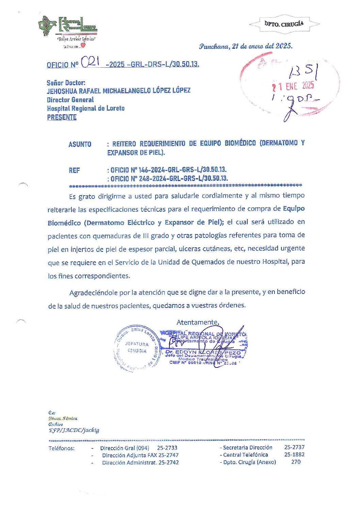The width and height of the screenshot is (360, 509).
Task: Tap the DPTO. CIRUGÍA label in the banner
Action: (x=284, y=24)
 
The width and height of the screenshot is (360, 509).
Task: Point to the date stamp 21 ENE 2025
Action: (x=293, y=86)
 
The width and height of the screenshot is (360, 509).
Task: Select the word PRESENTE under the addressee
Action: (x=62, y=117)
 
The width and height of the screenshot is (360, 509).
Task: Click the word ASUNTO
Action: (x=80, y=144)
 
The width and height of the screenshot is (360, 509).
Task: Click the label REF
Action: (x=74, y=170)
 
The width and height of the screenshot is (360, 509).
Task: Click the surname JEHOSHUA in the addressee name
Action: (x=62, y=91)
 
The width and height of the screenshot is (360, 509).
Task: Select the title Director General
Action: (x=70, y=100)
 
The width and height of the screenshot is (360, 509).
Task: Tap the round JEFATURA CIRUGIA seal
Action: (x=136, y=348)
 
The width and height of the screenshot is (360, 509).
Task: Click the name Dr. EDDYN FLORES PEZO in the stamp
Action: (x=203, y=352)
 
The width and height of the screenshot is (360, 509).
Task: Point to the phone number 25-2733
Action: (x=167, y=448)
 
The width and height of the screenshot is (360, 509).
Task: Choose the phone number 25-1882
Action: (x=294, y=455)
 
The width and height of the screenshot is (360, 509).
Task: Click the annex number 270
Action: (x=296, y=462)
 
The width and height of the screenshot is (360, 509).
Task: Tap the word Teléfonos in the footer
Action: (x=61, y=448)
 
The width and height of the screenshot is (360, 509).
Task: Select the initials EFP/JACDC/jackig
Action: (x=74, y=430)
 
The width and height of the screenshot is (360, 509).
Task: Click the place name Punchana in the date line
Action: (x=214, y=46)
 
